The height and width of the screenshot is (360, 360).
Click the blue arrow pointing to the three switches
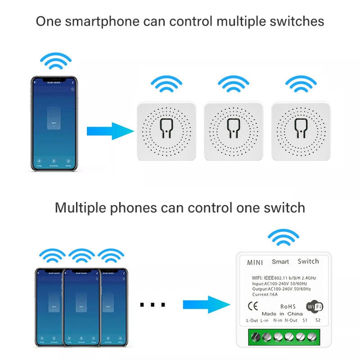[x=110, y=131]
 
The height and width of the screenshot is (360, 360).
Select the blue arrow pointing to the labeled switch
[x=206, y=305]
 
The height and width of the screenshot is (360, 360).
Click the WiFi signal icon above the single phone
[x=56, y=61]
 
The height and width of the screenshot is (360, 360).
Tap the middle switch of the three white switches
[x=233, y=131]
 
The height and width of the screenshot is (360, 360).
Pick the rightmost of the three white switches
[x=301, y=131]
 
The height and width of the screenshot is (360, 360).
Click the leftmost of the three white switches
[x=166, y=131]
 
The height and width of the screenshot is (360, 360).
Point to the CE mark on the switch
[x=253, y=306]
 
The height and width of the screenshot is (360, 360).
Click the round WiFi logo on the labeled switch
[x=314, y=307]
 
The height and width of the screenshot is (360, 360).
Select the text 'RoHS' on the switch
[x=288, y=306]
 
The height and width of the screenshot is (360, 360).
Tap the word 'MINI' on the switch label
[x=255, y=262]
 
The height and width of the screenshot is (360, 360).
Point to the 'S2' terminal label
[x=318, y=320]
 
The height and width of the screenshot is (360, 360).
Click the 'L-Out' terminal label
[x=252, y=320]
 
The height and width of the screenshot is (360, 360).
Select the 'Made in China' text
[x=282, y=314]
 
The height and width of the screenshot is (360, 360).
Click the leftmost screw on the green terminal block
[x=256, y=337]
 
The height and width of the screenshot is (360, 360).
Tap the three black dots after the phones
[x=152, y=305]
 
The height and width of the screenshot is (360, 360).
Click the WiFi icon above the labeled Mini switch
[x=283, y=238]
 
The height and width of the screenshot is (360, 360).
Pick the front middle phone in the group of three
[x=81, y=306]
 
